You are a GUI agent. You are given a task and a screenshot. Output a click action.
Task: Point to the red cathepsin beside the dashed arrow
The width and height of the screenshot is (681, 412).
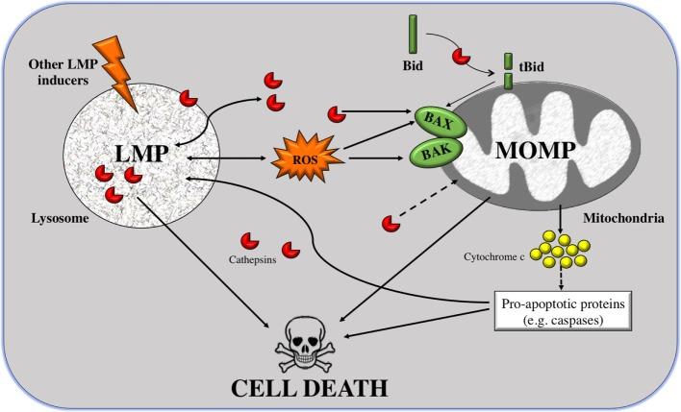pyautogui.click(x=391, y=224)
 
